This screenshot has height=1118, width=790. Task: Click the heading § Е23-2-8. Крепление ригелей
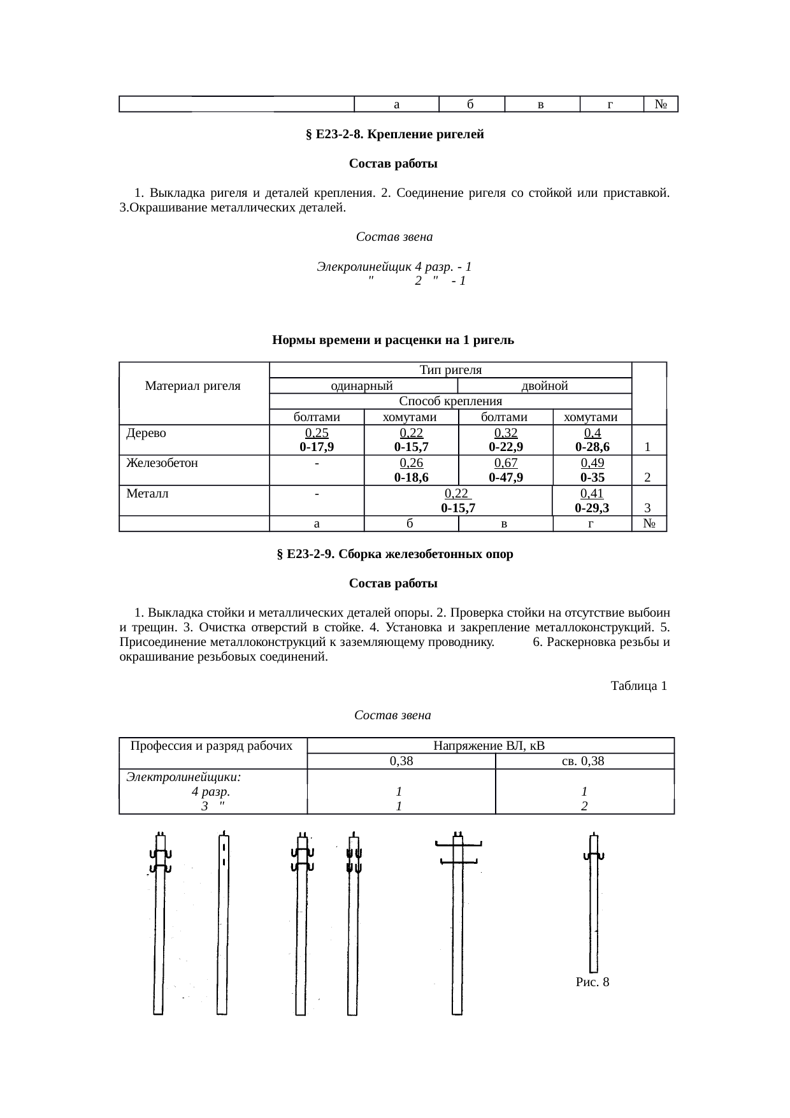(x=395, y=135)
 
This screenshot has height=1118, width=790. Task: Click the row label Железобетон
(x=162, y=464)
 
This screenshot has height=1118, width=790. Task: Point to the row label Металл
(x=147, y=494)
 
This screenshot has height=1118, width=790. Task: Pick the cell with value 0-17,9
(x=317, y=447)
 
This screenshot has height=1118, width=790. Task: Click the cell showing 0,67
(x=506, y=464)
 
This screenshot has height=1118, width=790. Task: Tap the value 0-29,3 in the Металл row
(x=591, y=508)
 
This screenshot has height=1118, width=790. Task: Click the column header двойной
(x=545, y=386)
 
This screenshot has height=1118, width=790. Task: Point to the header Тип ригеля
(x=450, y=370)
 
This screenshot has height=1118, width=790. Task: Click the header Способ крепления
(x=450, y=401)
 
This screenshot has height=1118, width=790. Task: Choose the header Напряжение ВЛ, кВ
(x=489, y=746)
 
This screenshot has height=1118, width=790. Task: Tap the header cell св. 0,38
(x=584, y=761)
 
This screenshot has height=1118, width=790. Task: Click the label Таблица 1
(x=638, y=686)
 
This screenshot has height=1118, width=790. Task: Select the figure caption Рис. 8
(x=592, y=982)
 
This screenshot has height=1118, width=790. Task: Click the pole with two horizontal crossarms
(x=457, y=924)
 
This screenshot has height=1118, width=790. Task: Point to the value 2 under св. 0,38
(x=584, y=806)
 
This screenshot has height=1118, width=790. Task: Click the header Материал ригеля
(x=193, y=386)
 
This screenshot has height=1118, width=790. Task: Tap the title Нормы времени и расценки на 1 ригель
(x=393, y=340)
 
